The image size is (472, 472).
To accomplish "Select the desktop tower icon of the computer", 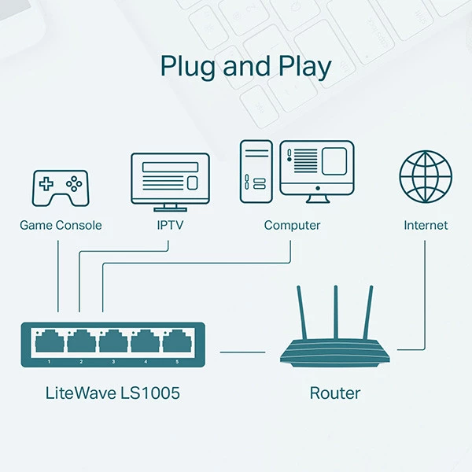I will coord(256,170).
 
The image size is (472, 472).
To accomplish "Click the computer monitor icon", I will coord(318,168).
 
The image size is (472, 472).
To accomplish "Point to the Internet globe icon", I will coord(426,176).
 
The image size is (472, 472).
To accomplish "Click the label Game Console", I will coord(61,226).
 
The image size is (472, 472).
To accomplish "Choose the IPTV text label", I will coord(170,226).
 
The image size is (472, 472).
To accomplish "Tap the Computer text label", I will coord(292,226).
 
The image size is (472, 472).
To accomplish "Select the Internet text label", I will coord(426,226).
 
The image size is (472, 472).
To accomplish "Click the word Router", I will coord(335,393).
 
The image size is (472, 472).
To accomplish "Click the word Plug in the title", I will coord(190,66).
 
